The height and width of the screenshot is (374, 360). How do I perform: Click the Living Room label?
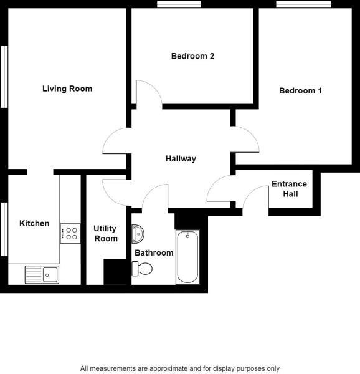point(67,89)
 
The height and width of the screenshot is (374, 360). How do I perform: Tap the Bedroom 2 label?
point(192,56)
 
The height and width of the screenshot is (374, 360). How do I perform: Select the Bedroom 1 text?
point(300,90)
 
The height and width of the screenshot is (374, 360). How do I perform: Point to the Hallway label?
point(181,158)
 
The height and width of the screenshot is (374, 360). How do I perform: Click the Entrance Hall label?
point(289,189)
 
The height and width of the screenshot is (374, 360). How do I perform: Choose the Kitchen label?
point(34,223)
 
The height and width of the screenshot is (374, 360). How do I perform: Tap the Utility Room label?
point(105,234)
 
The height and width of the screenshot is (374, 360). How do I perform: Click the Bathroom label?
point(154,252)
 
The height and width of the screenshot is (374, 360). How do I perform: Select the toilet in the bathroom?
point(143,269)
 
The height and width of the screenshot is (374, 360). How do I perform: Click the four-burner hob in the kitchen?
point(70,234)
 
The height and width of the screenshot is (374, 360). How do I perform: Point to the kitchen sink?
point(42,274)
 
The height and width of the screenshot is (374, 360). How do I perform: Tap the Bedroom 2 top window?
point(179,5)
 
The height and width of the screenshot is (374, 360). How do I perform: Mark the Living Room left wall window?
point(5,75)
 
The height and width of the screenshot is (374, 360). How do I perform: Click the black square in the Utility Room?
point(115,272)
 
